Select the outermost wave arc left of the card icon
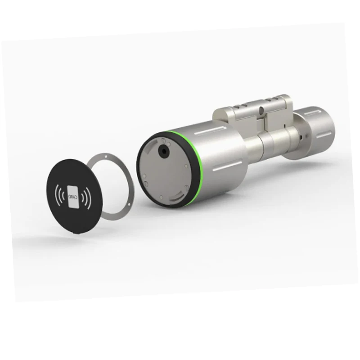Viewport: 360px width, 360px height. pos(57,194)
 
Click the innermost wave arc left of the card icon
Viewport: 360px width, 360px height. pos(63,195)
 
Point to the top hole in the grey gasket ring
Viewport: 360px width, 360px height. pos(106,156)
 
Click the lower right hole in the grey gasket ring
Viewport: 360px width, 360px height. pos(129,204)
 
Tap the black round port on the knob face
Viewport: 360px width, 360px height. pos(163,151)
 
